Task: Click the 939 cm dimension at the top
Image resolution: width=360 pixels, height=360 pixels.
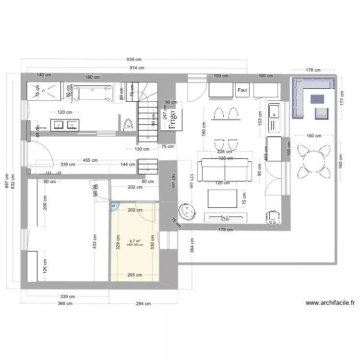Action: coord(134,60)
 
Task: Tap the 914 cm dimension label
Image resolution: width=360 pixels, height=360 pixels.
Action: coord(134,68)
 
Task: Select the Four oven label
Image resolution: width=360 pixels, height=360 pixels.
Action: coord(242,90)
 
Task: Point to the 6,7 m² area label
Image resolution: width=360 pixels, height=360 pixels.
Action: coord(134,241)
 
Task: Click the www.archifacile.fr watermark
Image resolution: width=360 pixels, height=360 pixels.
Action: coord(330,303)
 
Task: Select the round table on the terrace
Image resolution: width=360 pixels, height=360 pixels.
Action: coord(313,160)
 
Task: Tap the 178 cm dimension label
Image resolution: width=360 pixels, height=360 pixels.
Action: coord(314,70)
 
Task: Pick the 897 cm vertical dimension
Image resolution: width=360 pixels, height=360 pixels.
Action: coord(6,180)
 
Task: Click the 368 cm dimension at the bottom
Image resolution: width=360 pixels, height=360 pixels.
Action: coord(65,303)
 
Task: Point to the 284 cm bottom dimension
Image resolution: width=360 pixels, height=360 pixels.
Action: coord(144,303)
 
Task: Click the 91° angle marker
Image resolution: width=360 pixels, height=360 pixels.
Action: coord(114,206)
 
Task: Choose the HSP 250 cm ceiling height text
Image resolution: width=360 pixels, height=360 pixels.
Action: coord(135,245)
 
